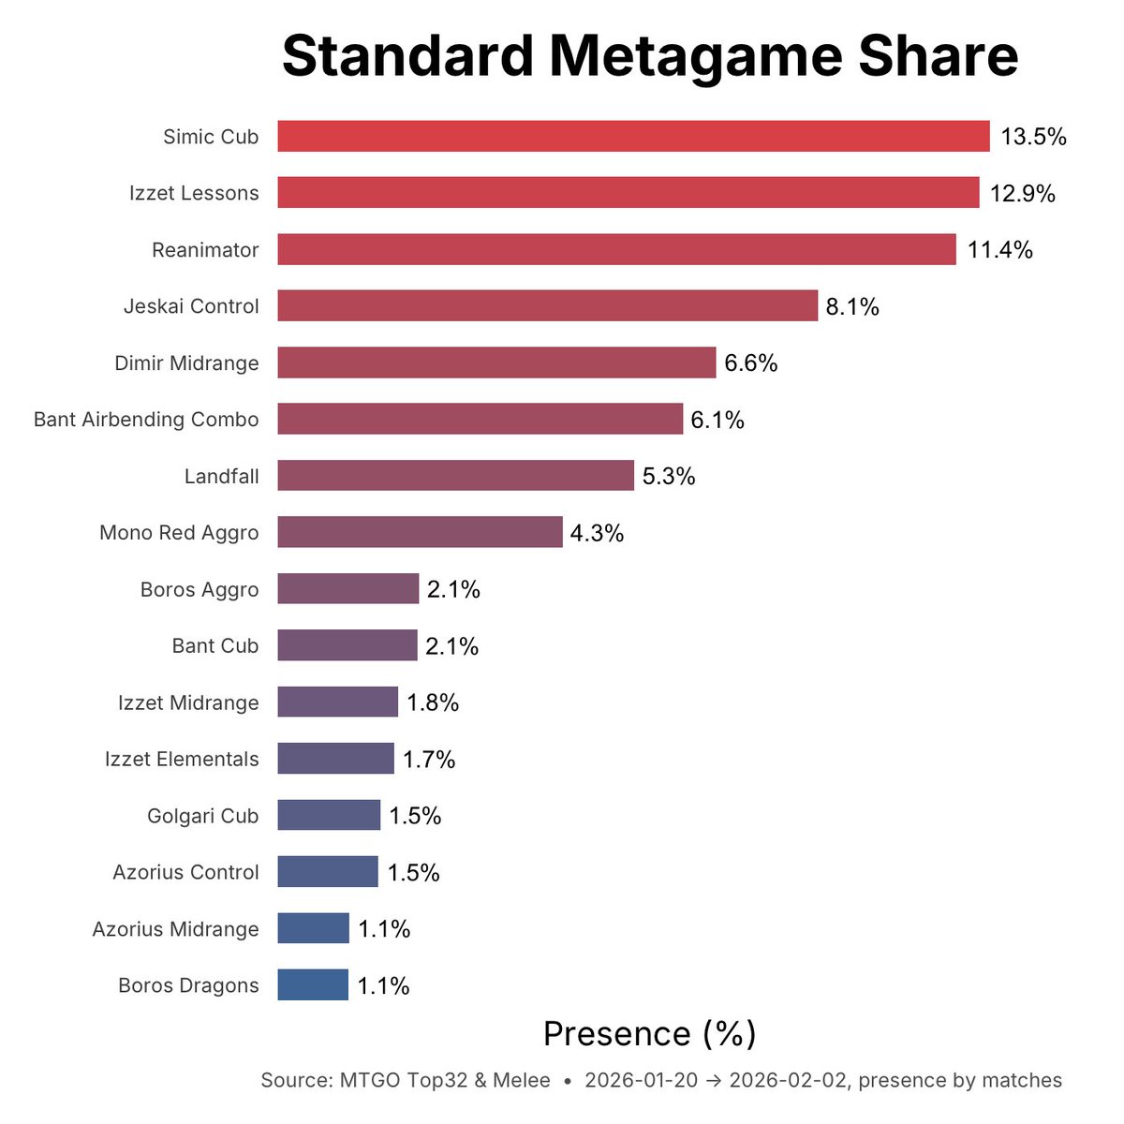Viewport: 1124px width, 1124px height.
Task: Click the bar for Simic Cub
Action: coord(633,137)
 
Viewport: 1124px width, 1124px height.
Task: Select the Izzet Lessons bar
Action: coord(628,193)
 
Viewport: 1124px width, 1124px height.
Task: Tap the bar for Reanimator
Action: coord(616,250)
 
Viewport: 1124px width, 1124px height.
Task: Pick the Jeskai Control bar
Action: coord(547,306)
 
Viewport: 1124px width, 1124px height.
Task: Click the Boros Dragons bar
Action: coord(313,985)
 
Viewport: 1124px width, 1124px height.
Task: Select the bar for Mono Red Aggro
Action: coord(420,532)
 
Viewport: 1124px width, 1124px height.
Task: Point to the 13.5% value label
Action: coord(1033,137)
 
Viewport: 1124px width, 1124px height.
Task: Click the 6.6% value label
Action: coord(750,363)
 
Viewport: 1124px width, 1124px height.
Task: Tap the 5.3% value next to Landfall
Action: coord(669,477)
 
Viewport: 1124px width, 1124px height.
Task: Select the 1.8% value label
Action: coord(433,702)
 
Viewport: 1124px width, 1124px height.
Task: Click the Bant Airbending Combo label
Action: coord(146,420)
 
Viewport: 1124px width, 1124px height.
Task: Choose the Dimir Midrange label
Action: coord(186,363)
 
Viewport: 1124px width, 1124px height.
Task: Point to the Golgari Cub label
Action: coord(202,816)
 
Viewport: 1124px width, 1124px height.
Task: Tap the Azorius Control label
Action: coord(185,872)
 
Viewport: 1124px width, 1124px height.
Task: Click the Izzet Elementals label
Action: coord(182,759)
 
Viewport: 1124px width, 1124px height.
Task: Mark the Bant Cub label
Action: coord(214,646)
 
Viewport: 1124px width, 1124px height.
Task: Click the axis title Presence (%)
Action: coord(649,1034)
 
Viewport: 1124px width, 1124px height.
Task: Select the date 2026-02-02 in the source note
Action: coord(788,1080)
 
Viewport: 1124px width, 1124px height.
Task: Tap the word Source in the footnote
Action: coord(294,1080)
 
